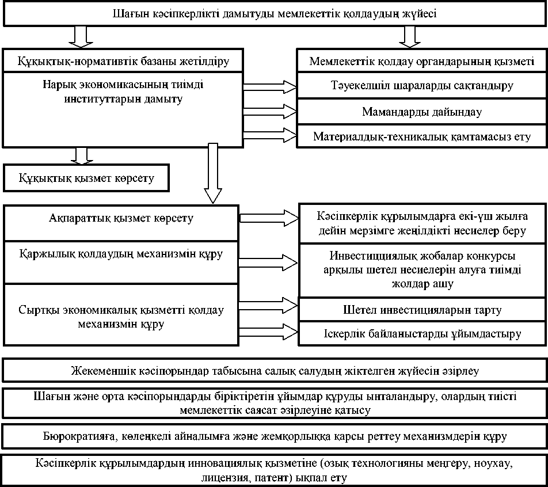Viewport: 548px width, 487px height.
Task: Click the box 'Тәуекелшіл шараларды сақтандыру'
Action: (x=422, y=86)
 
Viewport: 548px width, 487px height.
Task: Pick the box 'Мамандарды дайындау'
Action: (x=422, y=111)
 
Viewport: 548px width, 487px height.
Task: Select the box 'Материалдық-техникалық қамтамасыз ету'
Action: (x=422, y=136)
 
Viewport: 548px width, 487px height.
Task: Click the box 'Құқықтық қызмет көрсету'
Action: (x=87, y=178)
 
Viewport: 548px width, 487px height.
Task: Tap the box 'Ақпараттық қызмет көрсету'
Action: (x=121, y=219)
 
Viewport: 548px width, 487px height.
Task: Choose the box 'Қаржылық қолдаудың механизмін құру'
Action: (x=121, y=253)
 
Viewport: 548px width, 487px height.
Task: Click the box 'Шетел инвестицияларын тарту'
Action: (x=422, y=310)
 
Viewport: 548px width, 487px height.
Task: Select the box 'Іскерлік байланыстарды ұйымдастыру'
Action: (x=422, y=334)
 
